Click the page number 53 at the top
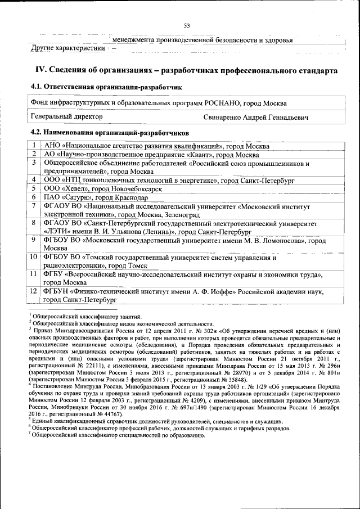[x=186, y=25]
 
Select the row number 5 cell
[x=34, y=188]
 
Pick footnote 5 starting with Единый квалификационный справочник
[x=157, y=421]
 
